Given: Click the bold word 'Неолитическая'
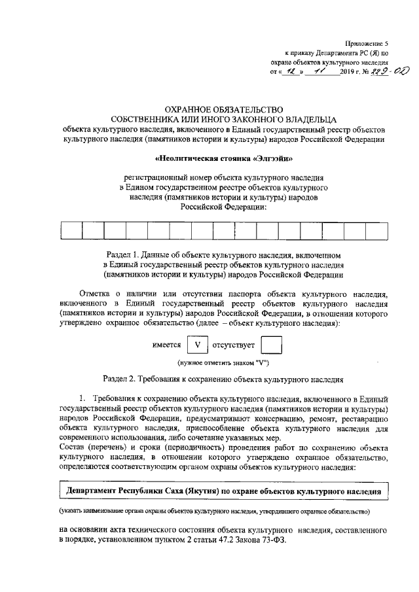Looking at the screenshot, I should pos(187,158).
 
